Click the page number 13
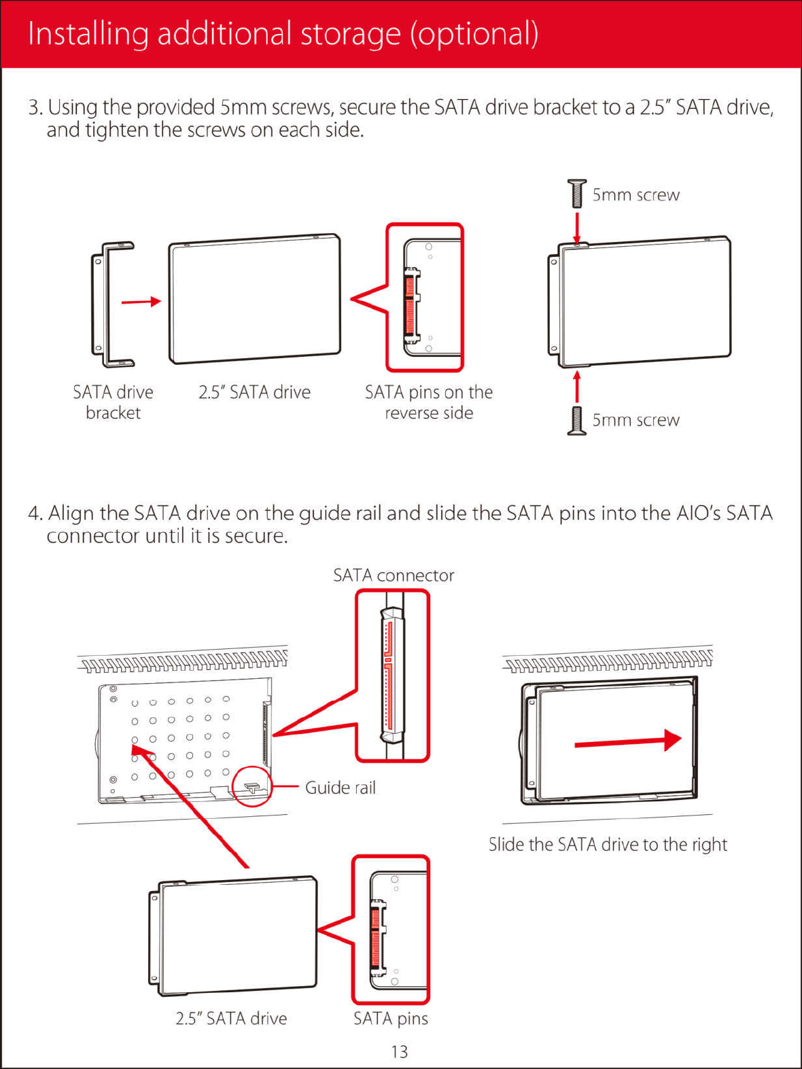[x=400, y=1051]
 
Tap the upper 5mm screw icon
[x=576, y=194]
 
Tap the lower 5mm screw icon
[x=576, y=421]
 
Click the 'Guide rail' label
[x=340, y=788]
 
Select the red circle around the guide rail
[x=252, y=787]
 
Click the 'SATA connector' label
[x=393, y=576]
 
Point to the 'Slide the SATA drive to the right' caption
[x=608, y=844]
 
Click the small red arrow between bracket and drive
[x=141, y=301]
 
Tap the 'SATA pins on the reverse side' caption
[x=428, y=402]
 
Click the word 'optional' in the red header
[x=474, y=34]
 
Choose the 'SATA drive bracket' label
[x=113, y=402]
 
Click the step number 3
[x=35, y=107]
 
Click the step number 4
[x=35, y=513]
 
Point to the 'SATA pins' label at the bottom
[x=391, y=1018]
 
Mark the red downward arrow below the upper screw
[x=577, y=228]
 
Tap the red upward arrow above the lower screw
[x=577, y=386]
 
